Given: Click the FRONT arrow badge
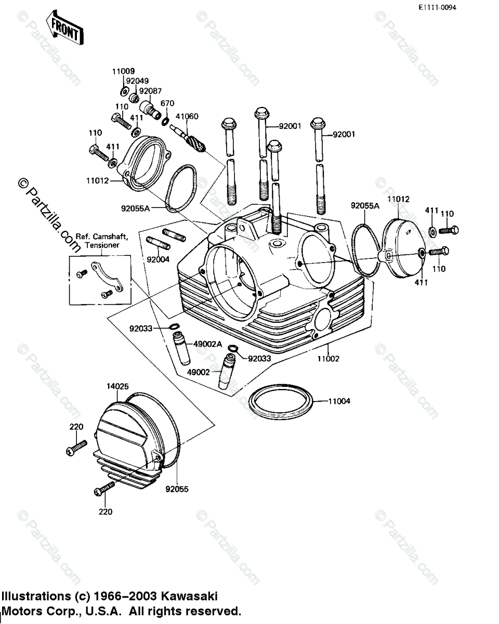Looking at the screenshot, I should click(x=64, y=29).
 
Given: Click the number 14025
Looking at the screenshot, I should click(x=118, y=386).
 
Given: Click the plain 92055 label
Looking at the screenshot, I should click(x=177, y=489).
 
